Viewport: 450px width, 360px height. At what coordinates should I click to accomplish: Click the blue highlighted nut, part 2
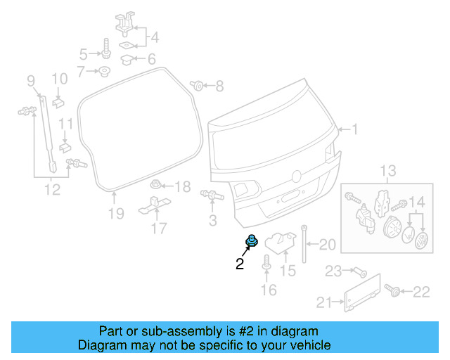point(251,242)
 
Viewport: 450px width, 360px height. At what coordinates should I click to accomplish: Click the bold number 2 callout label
point(240,264)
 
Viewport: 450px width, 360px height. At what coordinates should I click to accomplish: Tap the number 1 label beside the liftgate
point(355,129)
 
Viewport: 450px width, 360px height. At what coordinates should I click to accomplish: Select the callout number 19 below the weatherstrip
point(116,213)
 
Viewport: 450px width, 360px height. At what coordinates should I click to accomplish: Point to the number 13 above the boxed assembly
point(388,170)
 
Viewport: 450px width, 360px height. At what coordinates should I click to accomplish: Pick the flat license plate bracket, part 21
point(363,292)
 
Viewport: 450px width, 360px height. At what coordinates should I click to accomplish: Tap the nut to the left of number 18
point(156,186)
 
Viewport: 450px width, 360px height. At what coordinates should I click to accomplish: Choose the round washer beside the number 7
point(103,70)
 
